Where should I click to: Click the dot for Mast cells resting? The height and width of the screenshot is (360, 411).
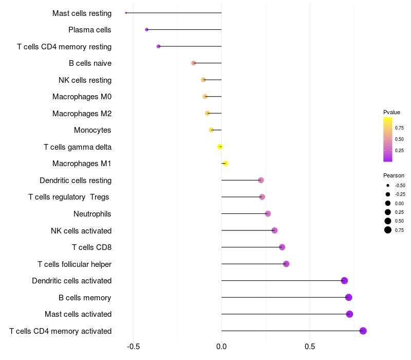coord(126,13)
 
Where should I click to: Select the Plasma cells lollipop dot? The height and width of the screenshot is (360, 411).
coord(147,30)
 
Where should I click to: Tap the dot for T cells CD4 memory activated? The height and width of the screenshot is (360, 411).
coord(363,331)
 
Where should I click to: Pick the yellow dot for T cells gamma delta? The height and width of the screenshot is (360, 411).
coord(220,147)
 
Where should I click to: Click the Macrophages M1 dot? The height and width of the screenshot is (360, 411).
coord(225,164)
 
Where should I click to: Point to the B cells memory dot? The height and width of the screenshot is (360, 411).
coord(349,297)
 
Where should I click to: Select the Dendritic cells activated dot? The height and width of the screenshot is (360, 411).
coord(344,280)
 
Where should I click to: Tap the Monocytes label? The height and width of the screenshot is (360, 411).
coord(92,130)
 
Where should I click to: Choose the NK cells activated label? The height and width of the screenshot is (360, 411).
coord(81,230)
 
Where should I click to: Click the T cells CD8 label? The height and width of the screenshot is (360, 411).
coord(91,247)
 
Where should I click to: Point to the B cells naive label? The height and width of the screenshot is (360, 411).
coord(90,63)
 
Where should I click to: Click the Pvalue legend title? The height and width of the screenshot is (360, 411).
coord(391,112)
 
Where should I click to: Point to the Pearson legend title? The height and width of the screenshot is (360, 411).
coord(394,175)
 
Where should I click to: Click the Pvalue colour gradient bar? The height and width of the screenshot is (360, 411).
coord(388,139)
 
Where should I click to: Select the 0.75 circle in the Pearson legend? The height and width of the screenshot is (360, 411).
coord(388,230)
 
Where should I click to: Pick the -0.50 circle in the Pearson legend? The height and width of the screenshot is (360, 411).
coord(388,186)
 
